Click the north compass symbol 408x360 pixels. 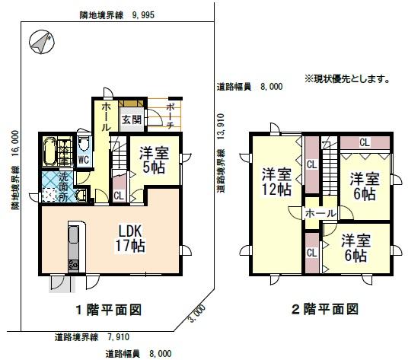click(42, 42)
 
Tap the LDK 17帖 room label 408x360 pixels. click(130, 238)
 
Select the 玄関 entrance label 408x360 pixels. click(132, 120)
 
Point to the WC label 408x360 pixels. click(84, 160)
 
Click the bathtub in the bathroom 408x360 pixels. click(50, 152)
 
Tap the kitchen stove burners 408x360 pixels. click(73, 265)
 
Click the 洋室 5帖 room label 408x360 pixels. click(154, 161)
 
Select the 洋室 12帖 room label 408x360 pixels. click(276, 182)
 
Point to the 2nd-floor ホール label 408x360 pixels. click(320, 213)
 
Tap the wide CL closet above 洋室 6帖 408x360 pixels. click(365, 142)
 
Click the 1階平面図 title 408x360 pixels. click(109, 310)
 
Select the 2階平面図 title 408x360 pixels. click(325, 309)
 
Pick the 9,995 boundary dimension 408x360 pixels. click(143, 15)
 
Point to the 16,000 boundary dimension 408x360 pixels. click(15, 143)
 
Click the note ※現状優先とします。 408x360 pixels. click(347, 78)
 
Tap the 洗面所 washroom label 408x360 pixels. click(62, 186)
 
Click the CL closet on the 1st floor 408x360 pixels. click(119, 196)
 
